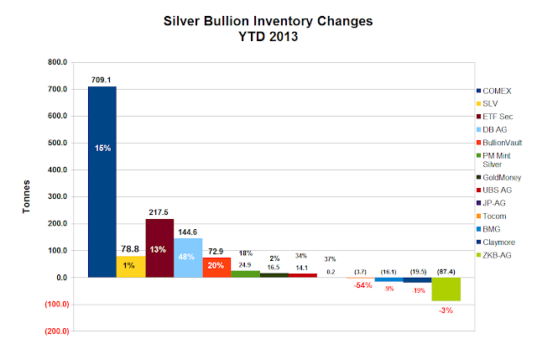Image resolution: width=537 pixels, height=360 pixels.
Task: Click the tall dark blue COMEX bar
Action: [x=102, y=182]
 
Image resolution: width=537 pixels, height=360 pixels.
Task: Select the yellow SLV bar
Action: [x=131, y=267]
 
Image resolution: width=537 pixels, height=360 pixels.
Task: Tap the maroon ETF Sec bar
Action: [x=159, y=248]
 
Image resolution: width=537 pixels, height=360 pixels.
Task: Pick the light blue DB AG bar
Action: [x=188, y=258]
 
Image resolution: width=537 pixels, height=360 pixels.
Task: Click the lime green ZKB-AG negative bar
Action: [x=446, y=290]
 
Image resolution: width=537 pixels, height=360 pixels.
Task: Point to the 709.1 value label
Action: [x=101, y=80]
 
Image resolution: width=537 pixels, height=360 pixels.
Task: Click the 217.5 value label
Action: [x=159, y=212]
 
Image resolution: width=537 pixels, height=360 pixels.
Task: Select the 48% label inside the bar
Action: [x=186, y=257]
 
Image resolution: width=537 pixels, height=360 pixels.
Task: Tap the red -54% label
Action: [x=362, y=285]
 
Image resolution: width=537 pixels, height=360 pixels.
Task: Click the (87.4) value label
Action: [x=446, y=272]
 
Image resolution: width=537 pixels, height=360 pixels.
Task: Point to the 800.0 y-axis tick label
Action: [x=58, y=62]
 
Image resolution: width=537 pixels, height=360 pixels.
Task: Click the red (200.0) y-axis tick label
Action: [x=57, y=331]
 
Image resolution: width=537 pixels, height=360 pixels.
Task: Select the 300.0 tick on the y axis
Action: [x=58, y=196]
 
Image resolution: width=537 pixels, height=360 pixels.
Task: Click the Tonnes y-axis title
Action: [x=26, y=196]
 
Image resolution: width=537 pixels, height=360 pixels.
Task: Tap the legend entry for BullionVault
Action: [x=499, y=143]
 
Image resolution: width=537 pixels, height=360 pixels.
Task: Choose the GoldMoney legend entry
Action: [x=499, y=177]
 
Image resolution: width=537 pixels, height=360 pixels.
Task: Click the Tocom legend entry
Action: [x=492, y=217]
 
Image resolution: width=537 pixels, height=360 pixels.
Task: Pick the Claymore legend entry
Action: [x=496, y=243]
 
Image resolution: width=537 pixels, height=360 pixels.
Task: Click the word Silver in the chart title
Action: [x=181, y=21]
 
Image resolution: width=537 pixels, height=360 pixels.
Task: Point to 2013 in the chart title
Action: [x=283, y=37]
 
